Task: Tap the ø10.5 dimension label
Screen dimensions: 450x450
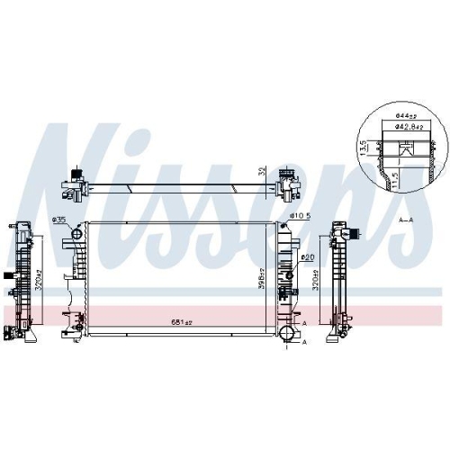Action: [301, 216]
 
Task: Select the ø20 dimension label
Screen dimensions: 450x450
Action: [307, 258]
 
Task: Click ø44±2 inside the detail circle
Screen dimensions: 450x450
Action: [405, 118]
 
